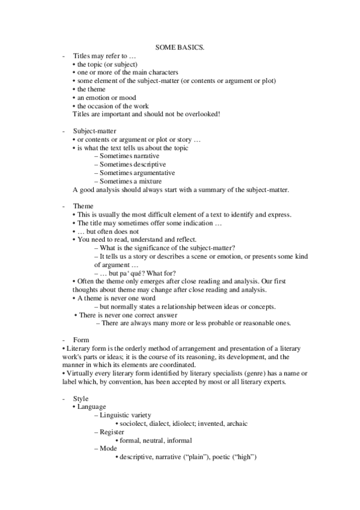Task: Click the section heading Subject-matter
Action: (94, 131)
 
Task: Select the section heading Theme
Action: (83, 206)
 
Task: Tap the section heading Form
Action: (81, 340)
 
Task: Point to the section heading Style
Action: (81, 398)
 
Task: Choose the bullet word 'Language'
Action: (92, 407)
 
